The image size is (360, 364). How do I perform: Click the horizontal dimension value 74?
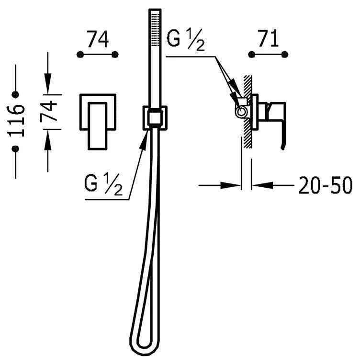tap(98, 39)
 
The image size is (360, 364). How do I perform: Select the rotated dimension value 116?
tap(16, 121)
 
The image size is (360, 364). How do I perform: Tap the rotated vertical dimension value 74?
tap(48, 111)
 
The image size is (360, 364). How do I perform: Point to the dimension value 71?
tap(268, 39)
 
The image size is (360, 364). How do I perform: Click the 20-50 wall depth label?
tap(325, 185)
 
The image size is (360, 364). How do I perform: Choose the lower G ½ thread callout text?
tap(103, 184)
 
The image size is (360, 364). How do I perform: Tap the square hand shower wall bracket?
tap(155, 118)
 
